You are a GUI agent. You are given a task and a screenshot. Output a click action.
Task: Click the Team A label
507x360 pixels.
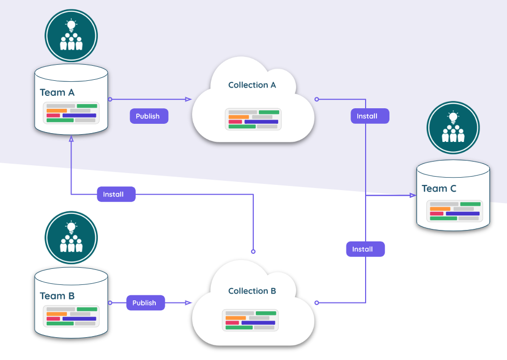(57, 93)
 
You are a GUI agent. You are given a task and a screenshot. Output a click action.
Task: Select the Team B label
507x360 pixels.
(57, 296)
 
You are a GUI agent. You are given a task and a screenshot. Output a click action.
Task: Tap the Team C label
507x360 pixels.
(439, 189)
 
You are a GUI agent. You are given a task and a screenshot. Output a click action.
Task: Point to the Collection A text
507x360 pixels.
(252, 85)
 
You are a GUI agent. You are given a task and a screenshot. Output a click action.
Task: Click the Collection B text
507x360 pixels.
(252, 291)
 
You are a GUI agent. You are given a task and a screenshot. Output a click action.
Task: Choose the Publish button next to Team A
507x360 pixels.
(149, 116)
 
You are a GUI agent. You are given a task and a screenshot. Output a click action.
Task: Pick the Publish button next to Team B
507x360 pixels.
(145, 303)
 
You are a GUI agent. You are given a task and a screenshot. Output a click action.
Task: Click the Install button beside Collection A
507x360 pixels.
(369, 116)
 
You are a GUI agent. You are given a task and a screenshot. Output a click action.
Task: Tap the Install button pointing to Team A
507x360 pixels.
(116, 194)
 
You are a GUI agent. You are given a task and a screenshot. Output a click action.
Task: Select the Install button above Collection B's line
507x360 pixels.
(365, 249)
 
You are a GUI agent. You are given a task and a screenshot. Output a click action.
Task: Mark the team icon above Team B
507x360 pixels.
(71, 238)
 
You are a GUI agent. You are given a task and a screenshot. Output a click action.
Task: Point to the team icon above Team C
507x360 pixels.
(453, 127)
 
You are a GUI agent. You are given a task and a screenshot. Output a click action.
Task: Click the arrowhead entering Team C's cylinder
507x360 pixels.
(413, 195)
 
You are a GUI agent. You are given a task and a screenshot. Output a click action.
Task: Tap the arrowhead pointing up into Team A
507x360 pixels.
(71, 139)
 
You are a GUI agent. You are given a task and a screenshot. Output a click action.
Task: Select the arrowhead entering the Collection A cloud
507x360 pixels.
(189, 99)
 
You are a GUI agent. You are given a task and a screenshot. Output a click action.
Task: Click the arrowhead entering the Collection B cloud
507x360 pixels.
(189, 303)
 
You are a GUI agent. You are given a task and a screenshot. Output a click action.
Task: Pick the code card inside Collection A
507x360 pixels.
(253, 119)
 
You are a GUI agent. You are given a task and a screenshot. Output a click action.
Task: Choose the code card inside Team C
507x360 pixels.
(454, 211)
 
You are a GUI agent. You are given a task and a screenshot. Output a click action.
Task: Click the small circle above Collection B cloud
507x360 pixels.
(253, 251)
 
